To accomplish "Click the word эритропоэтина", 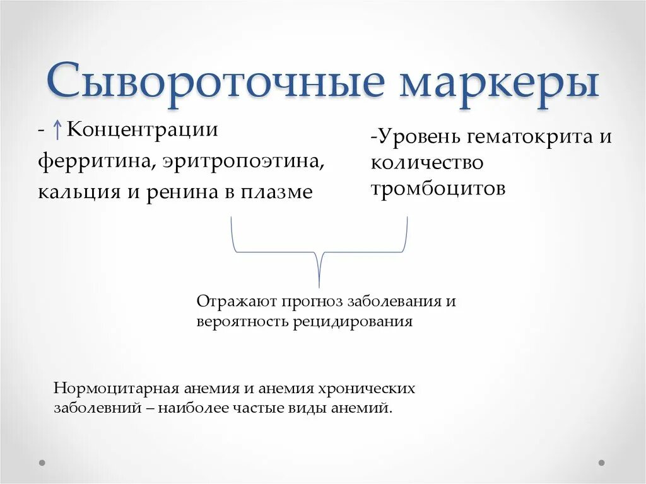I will [244, 161].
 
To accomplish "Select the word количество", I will [427, 163].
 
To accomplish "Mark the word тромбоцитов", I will [438, 189].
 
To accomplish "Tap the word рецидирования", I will [352, 321].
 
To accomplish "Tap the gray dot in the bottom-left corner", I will [42, 463].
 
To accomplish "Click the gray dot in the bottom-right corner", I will [601, 463].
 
